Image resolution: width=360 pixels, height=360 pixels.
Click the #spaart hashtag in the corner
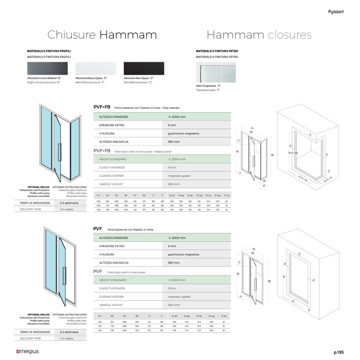[x=336, y=12]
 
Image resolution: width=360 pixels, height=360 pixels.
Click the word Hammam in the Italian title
[x=128, y=35]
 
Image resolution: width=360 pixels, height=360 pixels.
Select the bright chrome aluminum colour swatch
[x=47, y=68]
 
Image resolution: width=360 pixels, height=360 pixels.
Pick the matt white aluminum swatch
[x=96, y=68]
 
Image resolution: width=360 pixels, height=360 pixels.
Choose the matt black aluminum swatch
[x=144, y=68]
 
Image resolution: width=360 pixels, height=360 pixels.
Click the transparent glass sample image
[x=215, y=72]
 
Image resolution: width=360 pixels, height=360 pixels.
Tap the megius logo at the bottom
[x=27, y=352]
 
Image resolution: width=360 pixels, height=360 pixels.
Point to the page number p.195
[x=338, y=352]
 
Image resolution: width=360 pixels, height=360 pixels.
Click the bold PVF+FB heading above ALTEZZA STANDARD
[x=102, y=107]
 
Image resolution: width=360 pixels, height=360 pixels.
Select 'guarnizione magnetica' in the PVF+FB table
[x=184, y=133]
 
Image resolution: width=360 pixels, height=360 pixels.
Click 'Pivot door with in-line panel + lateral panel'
[x=143, y=152]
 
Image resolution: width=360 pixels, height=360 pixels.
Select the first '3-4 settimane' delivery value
[x=69, y=203]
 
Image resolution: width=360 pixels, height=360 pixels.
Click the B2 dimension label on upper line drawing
[x=272, y=155]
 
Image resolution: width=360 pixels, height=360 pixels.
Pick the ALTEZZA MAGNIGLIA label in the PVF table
[x=114, y=263]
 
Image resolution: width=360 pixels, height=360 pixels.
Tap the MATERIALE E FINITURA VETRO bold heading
[x=217, y=51]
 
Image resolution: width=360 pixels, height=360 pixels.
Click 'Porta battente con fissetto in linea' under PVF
[x=130, y=230]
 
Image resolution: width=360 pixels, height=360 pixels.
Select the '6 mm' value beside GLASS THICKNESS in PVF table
[x=172, y=288]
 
